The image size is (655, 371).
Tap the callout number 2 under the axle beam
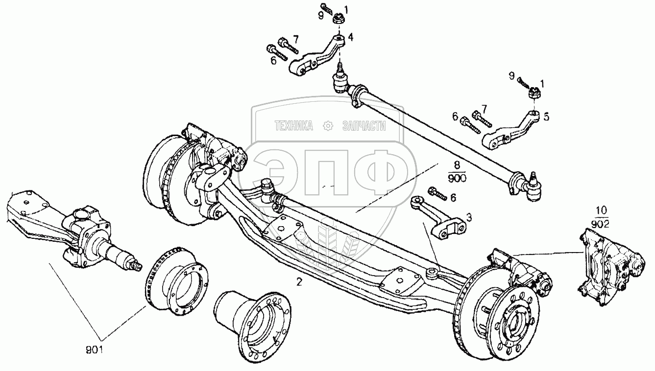pyautogui.click(x=299, y=282)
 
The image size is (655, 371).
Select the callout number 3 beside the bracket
pyautogui.click(x=469, y=218)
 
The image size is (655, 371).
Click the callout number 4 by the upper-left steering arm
pyautogui.click(x=350, y=37)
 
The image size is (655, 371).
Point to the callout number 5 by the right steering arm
pyautogui.click(x=546, y=117)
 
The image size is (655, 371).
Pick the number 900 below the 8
pyautogui.click(x=457, y=178)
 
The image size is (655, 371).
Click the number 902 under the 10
pyautogui.click(x=600, y=224)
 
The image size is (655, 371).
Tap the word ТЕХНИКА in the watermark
pyautogui.click(x=293, y=126)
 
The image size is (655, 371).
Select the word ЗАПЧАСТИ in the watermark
pyautogui.click(x=364, y=126)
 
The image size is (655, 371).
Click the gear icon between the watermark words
pyautogui.click(x=328, y=126)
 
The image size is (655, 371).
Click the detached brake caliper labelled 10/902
pyautogui.click(x=610, y=267)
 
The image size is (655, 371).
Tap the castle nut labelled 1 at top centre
pyautogui.click(x=339, y=20)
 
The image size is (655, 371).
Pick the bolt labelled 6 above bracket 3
pyautogui.click(x=437, y=194)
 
